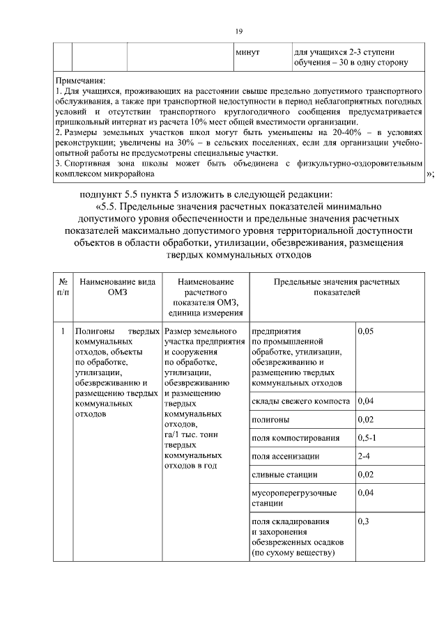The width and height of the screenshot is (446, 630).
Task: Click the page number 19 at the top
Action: click(x=238, y=31)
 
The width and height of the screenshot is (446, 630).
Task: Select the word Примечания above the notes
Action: click(x=80, y=81)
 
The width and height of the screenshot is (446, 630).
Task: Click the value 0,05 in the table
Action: click(x=366, y=331)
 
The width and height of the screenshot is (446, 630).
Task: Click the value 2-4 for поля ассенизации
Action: click(x=364, y=456)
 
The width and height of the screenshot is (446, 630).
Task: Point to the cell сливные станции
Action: click(x=284, y=474)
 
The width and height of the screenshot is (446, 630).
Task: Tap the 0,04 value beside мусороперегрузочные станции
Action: click(x=366, y=493)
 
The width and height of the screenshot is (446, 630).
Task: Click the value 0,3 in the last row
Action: click(x=363, y=521)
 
